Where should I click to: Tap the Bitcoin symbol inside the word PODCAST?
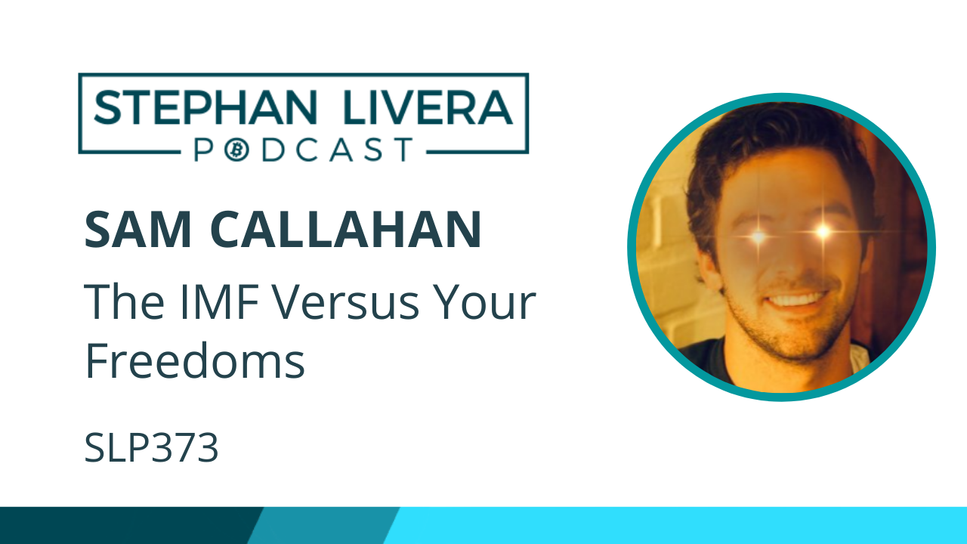[x=236, y=149]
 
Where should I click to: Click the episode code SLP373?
[x=151, y=449]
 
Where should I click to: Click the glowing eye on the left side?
[x=758, y=237]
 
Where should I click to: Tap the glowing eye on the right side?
[x=822, y=230]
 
